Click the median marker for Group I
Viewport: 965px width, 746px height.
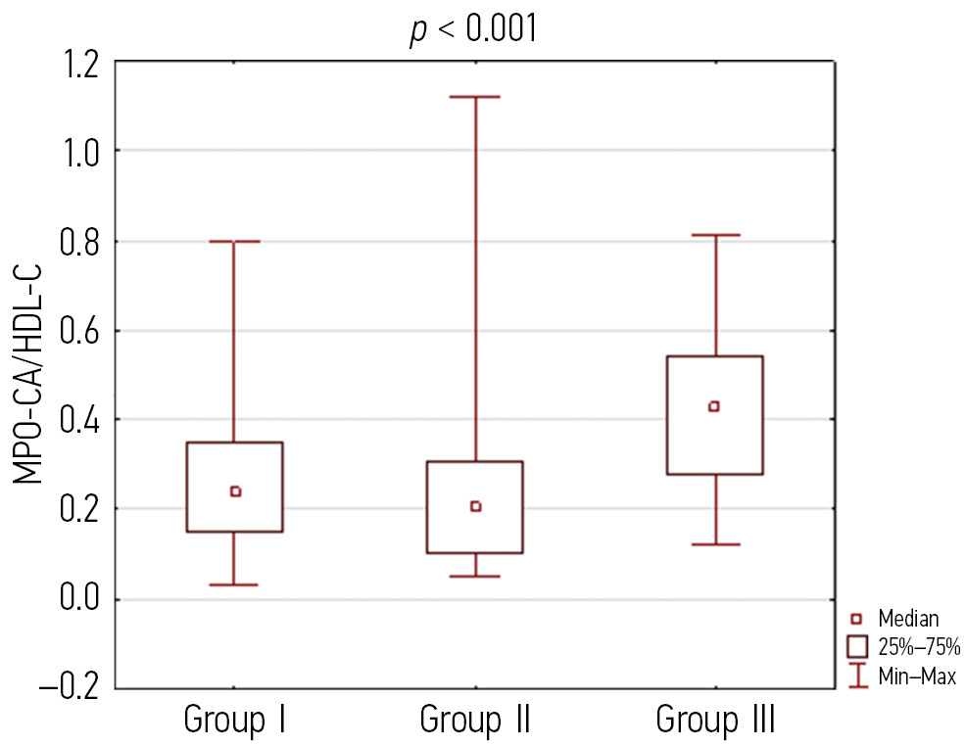pos(235,491)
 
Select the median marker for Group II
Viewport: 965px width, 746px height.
pos(475,506)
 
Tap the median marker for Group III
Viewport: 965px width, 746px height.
pos(714,406)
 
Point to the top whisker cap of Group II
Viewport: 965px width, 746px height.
pos(475,97)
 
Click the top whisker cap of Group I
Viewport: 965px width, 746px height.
pos(235,241)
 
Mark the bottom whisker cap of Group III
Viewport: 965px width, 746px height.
pos(714,544)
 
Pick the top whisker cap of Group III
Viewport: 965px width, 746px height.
pos(714,235)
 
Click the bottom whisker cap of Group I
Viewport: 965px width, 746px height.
pos(235,584)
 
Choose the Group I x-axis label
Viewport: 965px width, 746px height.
pos(235,721)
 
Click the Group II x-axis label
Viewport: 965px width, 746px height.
pos(475,721)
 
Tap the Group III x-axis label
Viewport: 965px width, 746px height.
pos(715,721)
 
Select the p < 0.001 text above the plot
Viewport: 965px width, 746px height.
pos(473,29)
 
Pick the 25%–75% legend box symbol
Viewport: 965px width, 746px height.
pos(858,646)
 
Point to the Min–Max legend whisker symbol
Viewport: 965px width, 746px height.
pos(858,675)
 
